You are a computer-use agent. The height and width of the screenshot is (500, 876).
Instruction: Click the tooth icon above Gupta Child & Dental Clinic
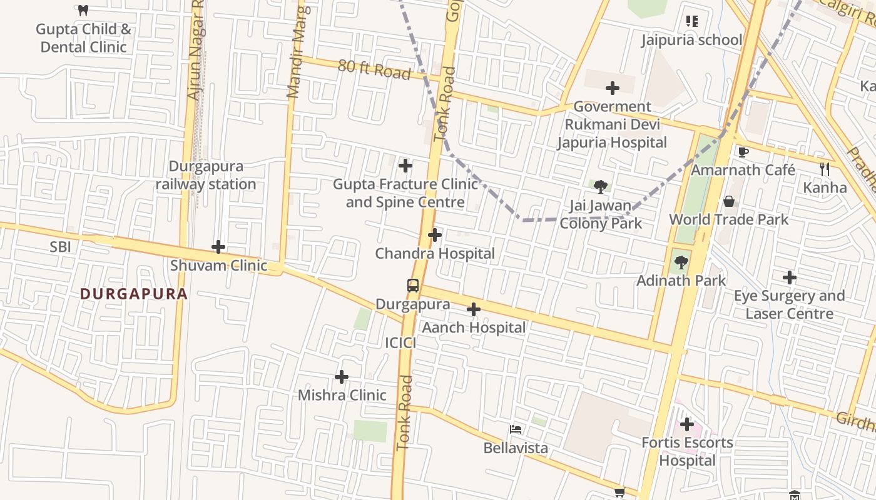83,10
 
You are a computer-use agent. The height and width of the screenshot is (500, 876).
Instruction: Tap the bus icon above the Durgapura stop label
413,286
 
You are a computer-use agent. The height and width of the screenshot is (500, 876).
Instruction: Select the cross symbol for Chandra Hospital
435,235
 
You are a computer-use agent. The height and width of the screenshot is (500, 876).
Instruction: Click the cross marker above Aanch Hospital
474,309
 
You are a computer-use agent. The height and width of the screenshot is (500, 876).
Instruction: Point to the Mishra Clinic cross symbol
342,376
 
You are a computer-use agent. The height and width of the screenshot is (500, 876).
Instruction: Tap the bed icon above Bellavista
516,429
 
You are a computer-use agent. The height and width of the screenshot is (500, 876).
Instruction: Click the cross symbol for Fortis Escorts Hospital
687,424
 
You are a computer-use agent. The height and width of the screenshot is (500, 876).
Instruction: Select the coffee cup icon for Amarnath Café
743,152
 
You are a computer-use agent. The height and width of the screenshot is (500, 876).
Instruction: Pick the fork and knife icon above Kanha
825,169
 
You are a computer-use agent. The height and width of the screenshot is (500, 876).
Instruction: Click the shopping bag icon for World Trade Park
729,201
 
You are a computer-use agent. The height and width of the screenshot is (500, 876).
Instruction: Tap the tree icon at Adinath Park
681,262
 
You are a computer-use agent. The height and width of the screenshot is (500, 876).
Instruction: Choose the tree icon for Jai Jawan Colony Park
601,186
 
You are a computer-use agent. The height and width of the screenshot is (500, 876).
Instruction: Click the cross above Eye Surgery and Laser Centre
790,277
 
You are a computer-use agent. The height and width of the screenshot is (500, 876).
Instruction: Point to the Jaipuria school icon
691,22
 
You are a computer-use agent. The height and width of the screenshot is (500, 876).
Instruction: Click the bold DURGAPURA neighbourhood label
134,294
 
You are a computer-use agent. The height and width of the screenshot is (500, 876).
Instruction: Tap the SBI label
60,247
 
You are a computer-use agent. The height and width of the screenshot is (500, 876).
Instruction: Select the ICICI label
400,342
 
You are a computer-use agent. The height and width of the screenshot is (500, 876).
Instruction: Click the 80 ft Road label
374,69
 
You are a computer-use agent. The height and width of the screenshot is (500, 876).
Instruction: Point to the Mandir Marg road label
295,53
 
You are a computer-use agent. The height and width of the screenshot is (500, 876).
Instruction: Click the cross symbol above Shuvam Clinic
218,247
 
